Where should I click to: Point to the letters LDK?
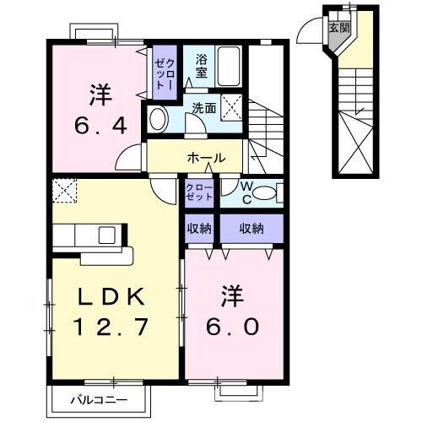(112, 296)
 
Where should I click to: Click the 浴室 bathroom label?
(203, 67)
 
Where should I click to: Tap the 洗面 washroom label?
(203, 107)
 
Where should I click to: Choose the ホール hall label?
(207, 157)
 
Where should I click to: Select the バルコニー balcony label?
(99, 398)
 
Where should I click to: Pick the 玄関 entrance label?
(338, 28)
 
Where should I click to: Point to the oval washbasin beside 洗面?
(158, 117)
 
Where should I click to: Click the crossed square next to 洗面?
(233, 108)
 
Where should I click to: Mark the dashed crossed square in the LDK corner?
(62, 191)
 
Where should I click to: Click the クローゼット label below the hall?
(200, 192)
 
